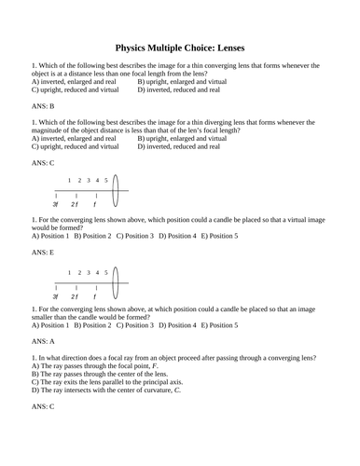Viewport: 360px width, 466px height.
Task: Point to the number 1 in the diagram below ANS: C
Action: coord(68,179)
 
